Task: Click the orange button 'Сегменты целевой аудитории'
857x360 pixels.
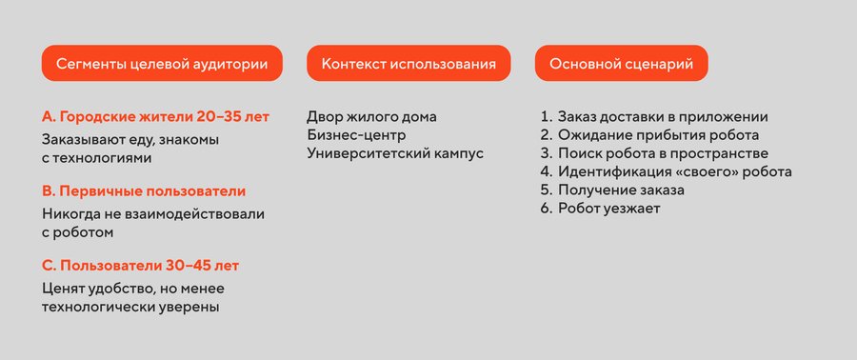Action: click(162, 64)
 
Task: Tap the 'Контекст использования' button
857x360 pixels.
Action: click(409, 64)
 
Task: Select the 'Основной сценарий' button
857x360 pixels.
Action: click(622, 64)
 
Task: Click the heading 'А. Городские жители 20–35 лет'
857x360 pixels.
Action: click(156, 117)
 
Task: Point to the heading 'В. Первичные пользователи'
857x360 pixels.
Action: click(144, 191)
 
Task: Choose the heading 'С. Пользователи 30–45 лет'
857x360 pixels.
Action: click(141, 266)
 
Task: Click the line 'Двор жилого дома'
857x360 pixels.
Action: click(371, 117)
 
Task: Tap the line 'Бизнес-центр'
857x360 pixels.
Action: click(356, 135)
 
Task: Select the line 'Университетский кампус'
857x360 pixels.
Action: click(395, 153)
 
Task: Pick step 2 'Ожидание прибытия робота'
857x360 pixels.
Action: click(649, 135)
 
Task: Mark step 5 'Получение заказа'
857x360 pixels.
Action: click(612, 190)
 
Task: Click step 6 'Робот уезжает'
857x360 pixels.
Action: click(600, 209)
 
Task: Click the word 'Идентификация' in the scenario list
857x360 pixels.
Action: click(615, 172)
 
